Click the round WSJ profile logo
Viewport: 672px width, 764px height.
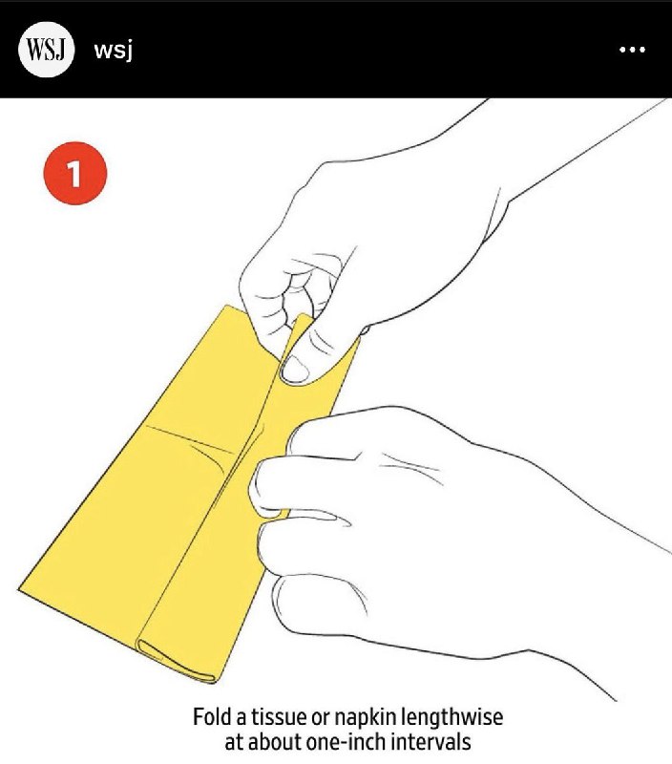[x=46, y=50]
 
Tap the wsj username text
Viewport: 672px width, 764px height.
[x=113, y=51]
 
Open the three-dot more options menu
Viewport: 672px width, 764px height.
[x=632, y=50]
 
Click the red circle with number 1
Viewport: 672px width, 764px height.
[x=75, y=173]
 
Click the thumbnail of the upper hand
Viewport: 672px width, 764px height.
[x=295, y=370]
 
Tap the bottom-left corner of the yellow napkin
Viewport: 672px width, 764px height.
[x=18, y=590]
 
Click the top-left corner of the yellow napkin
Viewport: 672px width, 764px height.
[x=227, y=306]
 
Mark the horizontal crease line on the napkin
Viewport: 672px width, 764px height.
[x=190, y=439]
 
